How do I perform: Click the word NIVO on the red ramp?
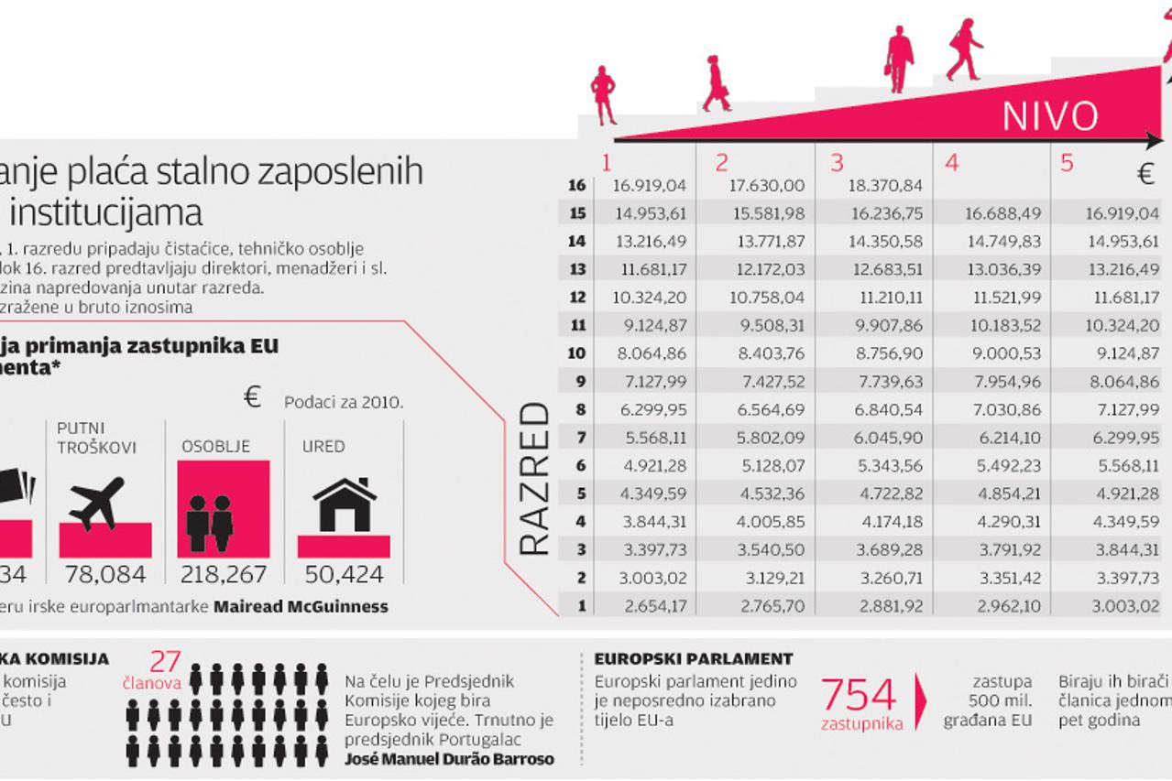[x=1049, y=115]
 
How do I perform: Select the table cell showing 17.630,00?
[x=766, y=186]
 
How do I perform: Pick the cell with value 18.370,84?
[x=884, y=186]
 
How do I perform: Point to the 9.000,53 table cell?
[x=1001, y=353]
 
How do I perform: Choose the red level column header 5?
[x=1066, y=163]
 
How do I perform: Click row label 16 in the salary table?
[x=576, y=186]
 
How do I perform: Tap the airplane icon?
[x=96, y=503]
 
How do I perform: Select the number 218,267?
[x=225, y=575]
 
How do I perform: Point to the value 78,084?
[x=104, y=575]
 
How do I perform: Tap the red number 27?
[x=166, y=662]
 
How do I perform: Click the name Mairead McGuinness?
[x=301, y=606]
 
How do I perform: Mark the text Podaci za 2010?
[x=343, y=402]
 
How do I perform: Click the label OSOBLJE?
[x=215, y=447]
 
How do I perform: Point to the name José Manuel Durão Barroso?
[x=449, y=758]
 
